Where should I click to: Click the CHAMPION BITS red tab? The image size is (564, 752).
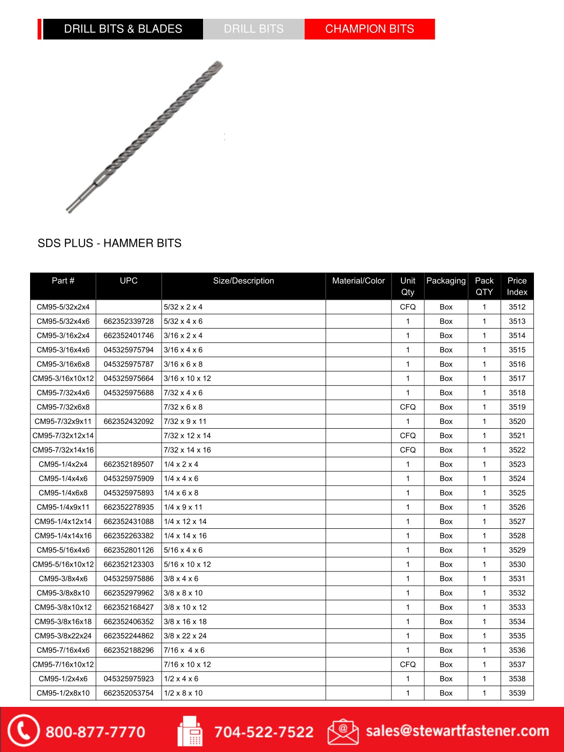coord(369,29)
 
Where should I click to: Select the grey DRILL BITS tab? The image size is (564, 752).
coord(254,29)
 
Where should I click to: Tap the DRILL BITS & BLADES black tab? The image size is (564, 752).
coord(123,29)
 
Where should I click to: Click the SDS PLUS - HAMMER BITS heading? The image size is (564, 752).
coord(110,243)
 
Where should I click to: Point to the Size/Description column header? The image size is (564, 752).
coord(243,281)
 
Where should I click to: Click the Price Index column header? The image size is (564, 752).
coord(517,286)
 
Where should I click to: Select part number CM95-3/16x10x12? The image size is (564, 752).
coord(63,378)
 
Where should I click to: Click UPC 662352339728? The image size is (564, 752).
coord(129,321)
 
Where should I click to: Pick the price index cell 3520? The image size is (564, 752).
coord(517,422)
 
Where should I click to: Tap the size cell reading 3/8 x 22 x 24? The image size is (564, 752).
coord(185,636)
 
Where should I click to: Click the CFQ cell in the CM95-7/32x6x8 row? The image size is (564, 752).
coord(407,407)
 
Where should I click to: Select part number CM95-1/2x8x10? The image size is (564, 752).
coord(63,693)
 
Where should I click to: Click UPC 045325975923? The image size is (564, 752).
coord(129,679)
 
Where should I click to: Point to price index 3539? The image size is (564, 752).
coord(517,693)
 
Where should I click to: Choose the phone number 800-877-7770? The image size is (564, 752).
coord(95,732)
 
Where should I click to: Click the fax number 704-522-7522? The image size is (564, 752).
coord(264,732)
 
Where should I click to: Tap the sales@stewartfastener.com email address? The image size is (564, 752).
coord(457,731)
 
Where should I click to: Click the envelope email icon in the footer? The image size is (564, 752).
coord(343,731)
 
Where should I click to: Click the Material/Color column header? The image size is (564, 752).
coord(359,281)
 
